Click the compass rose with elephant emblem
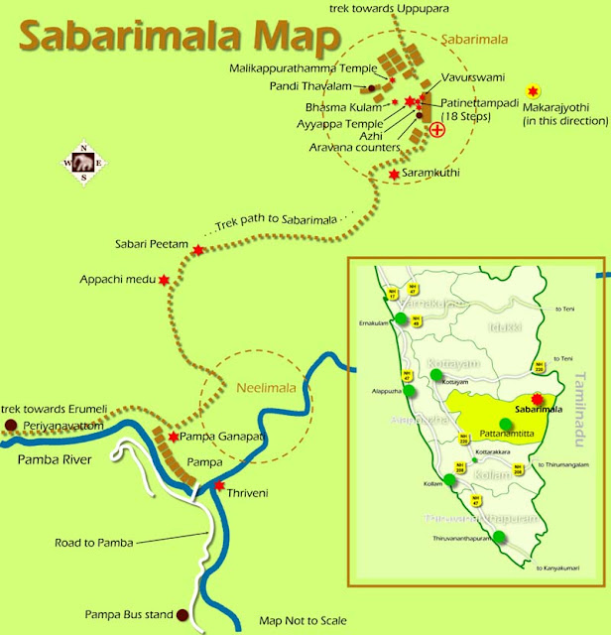(83, 164)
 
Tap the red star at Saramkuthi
(394, 175)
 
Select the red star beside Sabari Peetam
(198, 249)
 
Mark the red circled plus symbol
(436, 129)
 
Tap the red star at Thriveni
(219, 485)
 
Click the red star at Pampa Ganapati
(174, 437)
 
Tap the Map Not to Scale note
(303, 620)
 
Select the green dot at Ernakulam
(401, 318)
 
